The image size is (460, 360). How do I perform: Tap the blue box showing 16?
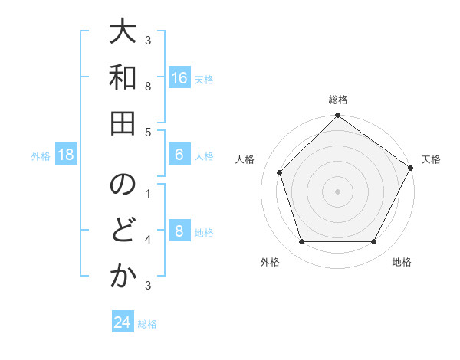point(179,78)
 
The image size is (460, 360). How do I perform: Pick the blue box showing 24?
point(123,322)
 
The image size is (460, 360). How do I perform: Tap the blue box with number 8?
point(179,232)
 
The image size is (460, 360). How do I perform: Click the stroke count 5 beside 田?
point(148,132)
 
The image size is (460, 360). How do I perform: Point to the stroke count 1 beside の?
point(148,193)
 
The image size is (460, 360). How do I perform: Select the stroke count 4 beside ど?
point(148,240)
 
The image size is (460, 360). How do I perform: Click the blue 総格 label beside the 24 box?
point(147,324)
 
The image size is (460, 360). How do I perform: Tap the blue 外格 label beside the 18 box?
point(41,156)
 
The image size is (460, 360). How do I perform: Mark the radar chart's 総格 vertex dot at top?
point(337,116)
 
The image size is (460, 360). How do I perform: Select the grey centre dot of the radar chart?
point(337,191)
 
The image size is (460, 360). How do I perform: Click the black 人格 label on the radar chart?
point(245,159)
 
